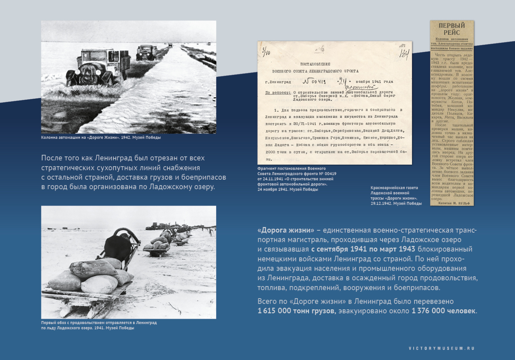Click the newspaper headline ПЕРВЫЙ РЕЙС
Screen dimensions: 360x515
(452, 29)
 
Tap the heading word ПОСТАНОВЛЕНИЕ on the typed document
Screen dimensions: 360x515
(315, 64)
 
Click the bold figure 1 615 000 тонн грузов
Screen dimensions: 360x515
(297, 311)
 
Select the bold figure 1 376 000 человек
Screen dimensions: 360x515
(443, 311)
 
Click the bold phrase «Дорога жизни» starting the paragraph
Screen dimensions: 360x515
(286, 230)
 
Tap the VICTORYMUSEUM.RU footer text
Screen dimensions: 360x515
(441, 348)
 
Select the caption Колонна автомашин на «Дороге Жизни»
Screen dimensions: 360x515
(101, 137)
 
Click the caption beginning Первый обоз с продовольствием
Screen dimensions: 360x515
(99, 325)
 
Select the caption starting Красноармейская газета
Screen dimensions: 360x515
(396, 195)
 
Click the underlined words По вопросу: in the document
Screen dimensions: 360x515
(277, 92)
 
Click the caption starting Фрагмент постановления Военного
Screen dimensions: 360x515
(297, 179)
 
